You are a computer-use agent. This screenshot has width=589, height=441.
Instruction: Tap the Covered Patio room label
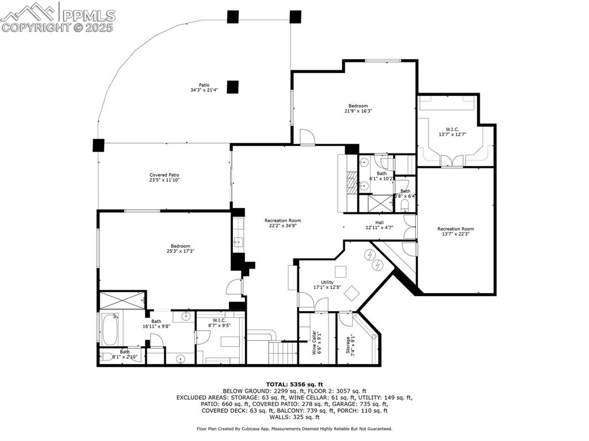(x=165, y=175)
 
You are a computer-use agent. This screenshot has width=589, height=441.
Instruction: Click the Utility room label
(x=327, y=282)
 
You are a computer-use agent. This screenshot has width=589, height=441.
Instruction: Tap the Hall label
(x=380, y=223)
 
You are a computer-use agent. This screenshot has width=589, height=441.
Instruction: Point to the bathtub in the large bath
(x=109, y=328)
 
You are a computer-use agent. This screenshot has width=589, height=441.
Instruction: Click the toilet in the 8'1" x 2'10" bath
(x=107, y=356)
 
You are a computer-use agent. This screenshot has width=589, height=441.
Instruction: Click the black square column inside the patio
(x=232, y=87)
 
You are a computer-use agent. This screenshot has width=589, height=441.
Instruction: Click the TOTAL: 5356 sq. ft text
(x=294, y=384)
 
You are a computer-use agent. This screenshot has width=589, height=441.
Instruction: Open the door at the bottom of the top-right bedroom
(x=307, y=137)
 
